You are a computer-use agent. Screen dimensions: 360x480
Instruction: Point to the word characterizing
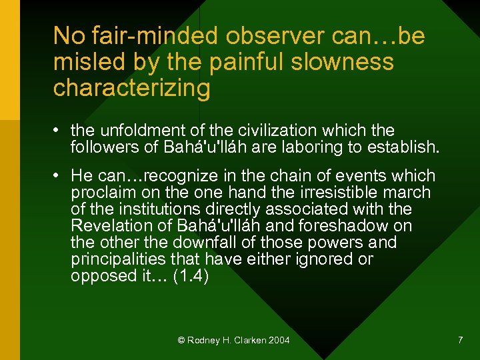tap(131, 88)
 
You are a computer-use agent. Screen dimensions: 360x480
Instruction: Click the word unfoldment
tap(151, 131)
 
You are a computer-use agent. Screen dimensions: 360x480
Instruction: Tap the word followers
tap(104, 147)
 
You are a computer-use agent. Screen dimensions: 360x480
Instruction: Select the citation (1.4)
tap(191, 276)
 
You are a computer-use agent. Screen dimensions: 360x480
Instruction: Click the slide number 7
tap(460, 341)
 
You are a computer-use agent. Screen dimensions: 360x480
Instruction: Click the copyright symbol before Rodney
tap(181, 341)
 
